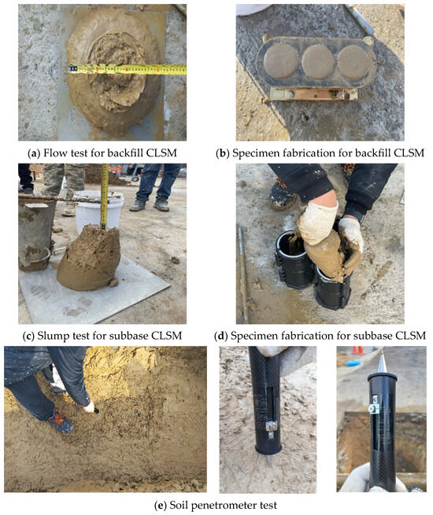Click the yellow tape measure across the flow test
126,69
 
